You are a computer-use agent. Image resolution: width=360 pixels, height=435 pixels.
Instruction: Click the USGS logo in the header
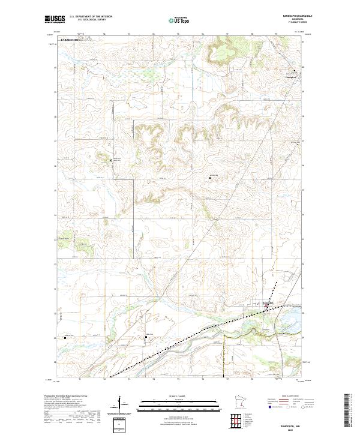click(x=55, y=20)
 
